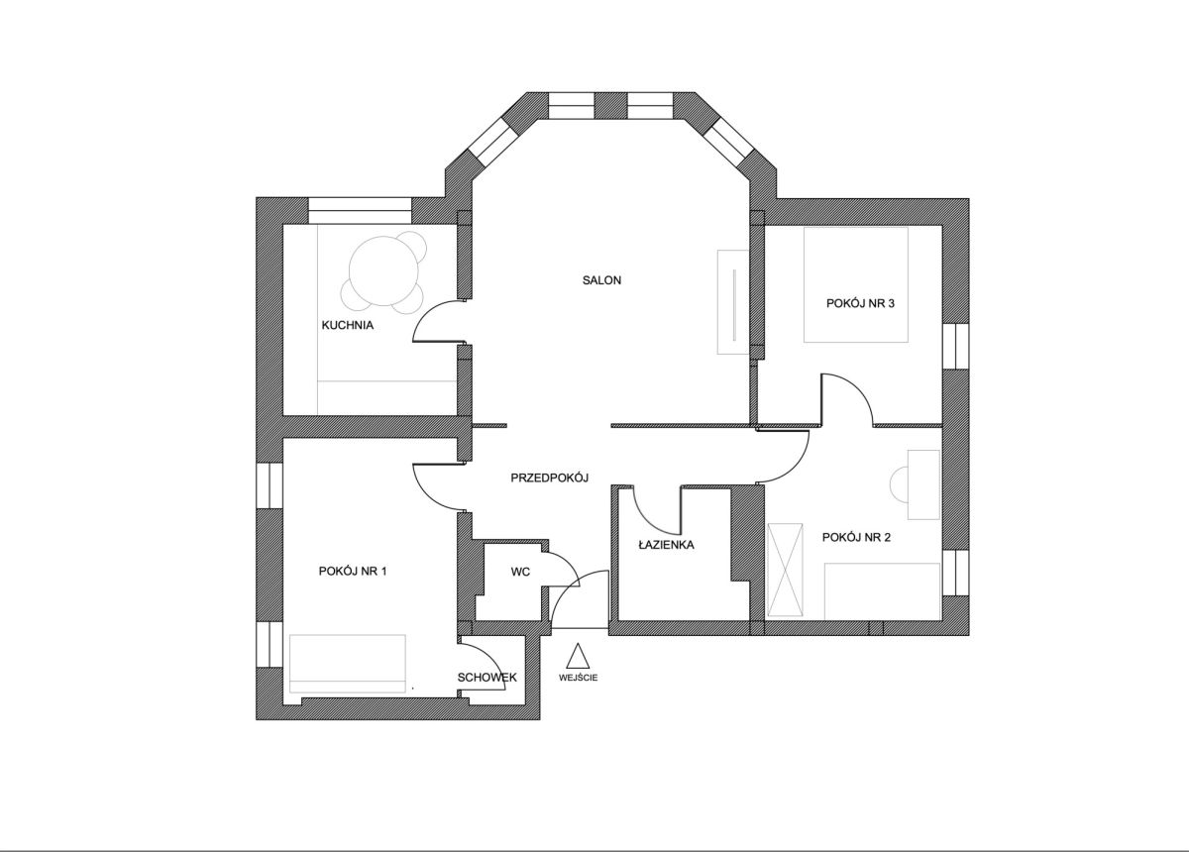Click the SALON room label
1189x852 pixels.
pos(601,280)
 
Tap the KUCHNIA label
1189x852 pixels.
pos(348,325)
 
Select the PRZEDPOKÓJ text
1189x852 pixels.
pos(549,478)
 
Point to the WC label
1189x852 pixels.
pos(520,572)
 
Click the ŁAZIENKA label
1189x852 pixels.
pos(666,544)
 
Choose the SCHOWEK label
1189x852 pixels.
pos(486,678)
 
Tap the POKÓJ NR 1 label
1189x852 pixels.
pos(353,571)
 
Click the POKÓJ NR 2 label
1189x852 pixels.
pos(856,537)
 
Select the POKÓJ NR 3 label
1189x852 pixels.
pos(860,303)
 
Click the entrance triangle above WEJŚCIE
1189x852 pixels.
pos(578,656)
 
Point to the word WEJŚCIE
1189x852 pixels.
pos(578,678)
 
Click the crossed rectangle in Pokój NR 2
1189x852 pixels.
pos(785,570)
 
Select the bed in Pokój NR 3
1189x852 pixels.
pos(856,284)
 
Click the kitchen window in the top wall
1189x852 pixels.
pos(361,211)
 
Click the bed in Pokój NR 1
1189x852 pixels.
pos(348,663)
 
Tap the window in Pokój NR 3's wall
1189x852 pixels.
pos(956,346)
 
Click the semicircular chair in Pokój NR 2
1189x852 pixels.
pos(900,483)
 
